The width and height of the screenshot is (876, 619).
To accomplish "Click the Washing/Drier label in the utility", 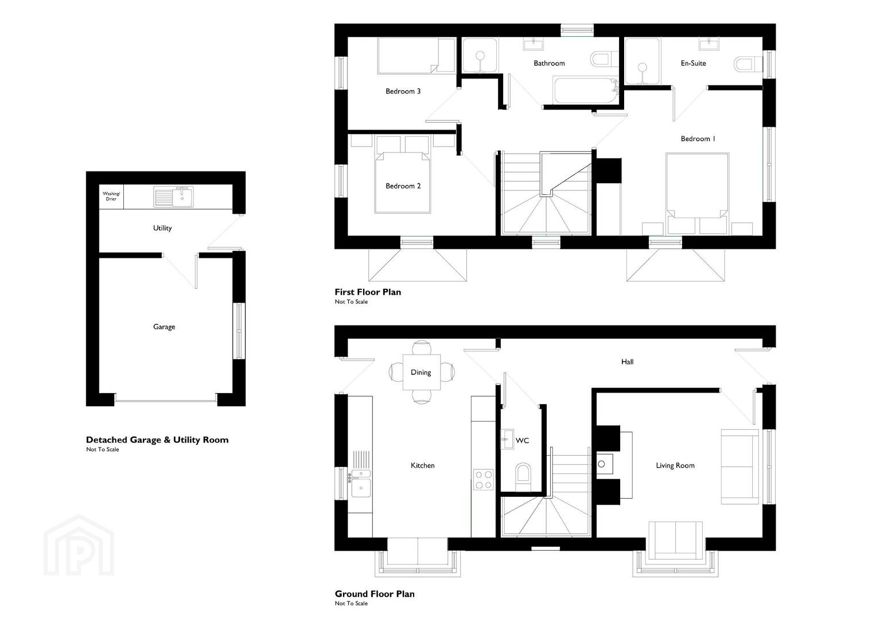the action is click(x=111, y=196).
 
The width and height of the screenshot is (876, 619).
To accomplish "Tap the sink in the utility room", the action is click(x=174, y=196).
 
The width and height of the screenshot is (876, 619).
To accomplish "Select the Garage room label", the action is click(x=164, y=327).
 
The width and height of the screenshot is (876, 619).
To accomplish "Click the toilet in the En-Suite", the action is click(x=748, y=64).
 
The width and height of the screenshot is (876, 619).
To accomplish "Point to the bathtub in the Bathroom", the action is click(x=584, y=91).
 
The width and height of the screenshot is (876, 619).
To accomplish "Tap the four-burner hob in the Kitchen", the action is click(x=484, y=480).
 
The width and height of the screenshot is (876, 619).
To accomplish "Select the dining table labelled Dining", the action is click(x=422, y=372).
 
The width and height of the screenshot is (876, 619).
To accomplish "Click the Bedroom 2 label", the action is click(x=403, y=186).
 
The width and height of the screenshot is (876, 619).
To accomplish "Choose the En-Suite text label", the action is click(x=694, y=63).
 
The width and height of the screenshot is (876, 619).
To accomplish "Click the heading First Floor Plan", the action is click(x=368, y=292).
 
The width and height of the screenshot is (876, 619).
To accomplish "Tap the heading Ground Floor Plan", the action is click(x=375, y=594).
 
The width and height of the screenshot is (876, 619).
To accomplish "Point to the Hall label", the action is click(x=627, y=362).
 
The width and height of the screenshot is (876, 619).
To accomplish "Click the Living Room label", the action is click(x=675, y=465).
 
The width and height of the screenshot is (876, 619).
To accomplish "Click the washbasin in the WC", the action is click(x=507, y=439).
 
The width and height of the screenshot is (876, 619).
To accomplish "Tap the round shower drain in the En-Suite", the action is click(x=643, y=68).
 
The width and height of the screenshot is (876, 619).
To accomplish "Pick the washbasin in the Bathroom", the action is click(x=533, y=44).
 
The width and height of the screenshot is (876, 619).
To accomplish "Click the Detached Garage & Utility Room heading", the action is click(x=157, y=440).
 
